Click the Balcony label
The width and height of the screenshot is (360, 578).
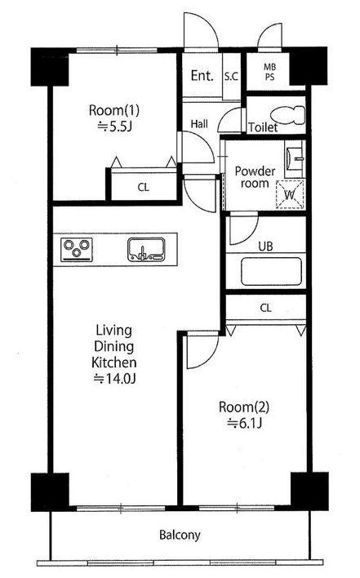(180, 535)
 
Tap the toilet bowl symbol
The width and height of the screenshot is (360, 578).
(288, 114)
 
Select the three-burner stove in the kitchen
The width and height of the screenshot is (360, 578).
(77, 250)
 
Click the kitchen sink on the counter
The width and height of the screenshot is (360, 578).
(146, 250)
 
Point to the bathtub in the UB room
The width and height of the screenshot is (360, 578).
(271, 271)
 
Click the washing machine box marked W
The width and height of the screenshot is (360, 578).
(290, 194)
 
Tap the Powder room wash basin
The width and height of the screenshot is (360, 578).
(294, 158)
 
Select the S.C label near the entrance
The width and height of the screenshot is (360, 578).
(231, 76)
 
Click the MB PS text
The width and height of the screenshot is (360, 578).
(269, 72)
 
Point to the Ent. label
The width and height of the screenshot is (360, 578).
(202, 76)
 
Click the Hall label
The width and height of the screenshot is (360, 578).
(199, 124)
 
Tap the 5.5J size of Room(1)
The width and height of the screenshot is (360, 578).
(114, 127)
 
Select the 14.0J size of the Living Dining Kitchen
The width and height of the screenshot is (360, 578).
(114, 379)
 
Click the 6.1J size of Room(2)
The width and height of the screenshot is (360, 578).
(244, 423)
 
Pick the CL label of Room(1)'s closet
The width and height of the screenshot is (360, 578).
(144, 187)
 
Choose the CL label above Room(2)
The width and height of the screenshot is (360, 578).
(265, 308)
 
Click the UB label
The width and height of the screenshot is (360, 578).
(265, 247)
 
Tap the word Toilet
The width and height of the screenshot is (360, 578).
(263, 127)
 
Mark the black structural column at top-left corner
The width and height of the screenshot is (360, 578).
(50, 67)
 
